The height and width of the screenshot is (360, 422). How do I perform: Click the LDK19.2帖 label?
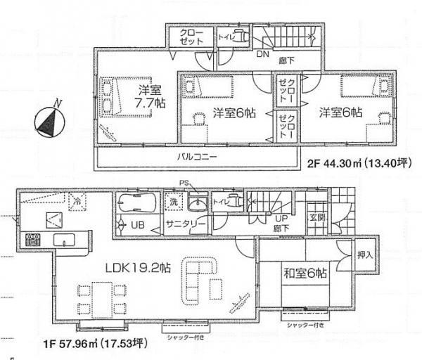(138, 267)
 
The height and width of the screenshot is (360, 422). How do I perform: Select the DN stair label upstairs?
(262, 53)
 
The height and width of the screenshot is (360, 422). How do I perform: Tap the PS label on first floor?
(185, 184)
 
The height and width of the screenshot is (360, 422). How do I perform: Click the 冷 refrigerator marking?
(76, 202)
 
